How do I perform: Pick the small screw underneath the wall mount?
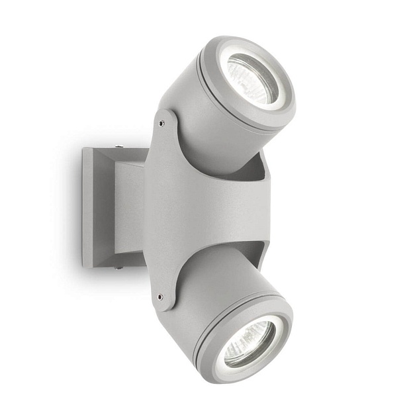117,267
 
